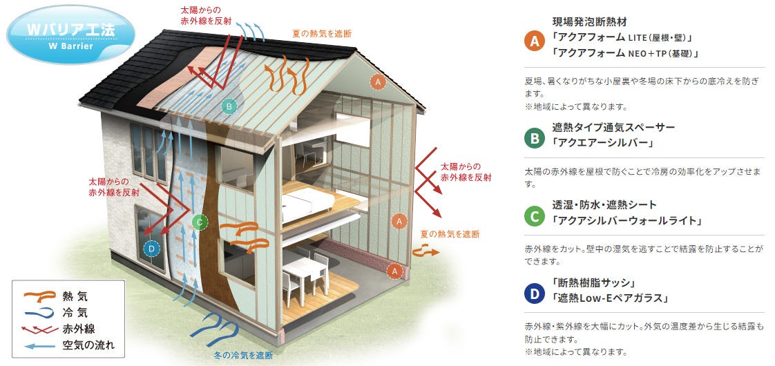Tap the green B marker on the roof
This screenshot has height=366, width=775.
[229, 106]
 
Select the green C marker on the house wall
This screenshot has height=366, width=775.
[199, 222]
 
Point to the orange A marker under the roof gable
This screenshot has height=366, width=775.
[376, 81]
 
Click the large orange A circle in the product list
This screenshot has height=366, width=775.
[534, 40]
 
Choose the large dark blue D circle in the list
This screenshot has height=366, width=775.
[534, 295]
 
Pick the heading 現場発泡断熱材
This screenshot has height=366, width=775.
[589, 21]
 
